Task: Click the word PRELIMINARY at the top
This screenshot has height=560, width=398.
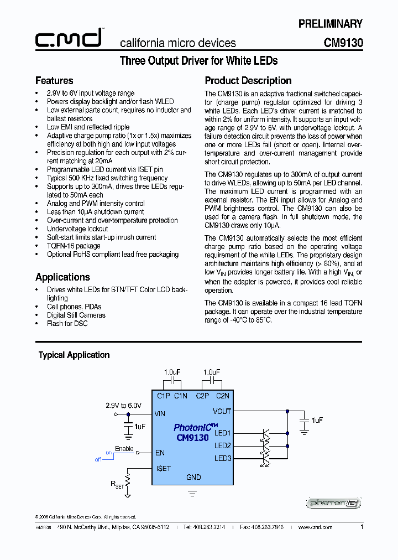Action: point(330,24)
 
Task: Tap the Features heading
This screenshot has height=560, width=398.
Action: point(54,81)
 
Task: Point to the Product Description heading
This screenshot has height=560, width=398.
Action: point(248,81)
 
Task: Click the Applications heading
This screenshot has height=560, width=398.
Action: point(62,277)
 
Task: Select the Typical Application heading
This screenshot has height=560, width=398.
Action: point(74,355)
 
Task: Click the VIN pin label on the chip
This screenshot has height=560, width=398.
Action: point(160,413)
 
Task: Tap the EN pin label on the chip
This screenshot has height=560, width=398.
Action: point(160,453)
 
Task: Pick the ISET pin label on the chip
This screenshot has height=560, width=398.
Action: point(164,468)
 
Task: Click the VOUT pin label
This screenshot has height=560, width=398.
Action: point(222,411)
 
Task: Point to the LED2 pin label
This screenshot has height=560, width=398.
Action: point(223,445)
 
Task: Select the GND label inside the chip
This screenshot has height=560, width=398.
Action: point(193,477)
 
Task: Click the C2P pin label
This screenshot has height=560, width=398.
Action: point(202,396)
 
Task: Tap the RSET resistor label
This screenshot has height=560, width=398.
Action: point(117,484)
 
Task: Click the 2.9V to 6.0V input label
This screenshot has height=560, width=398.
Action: point(124,406)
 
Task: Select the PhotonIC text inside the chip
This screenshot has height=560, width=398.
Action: point(191,428)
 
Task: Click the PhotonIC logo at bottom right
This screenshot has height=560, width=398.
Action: point(334,503)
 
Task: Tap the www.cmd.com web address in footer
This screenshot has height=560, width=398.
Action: point(316,527)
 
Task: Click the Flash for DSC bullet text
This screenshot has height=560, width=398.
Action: point(67,324)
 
